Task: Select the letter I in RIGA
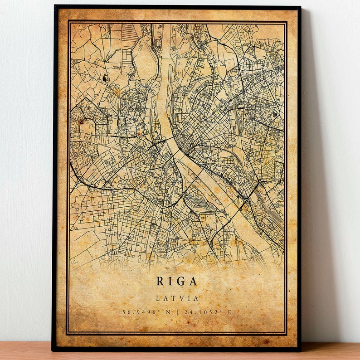point(171,281)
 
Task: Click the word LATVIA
point(177,298)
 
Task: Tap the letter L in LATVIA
point(158,298)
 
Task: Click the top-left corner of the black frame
point(54,6)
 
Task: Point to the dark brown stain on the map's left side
point(82,121)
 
